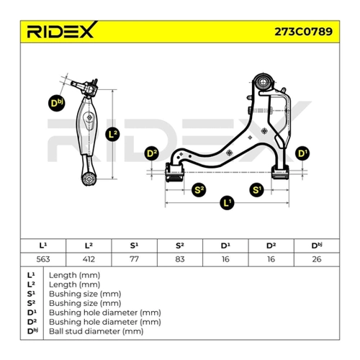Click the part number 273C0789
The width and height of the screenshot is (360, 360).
303,32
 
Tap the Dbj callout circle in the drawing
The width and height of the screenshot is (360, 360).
56,103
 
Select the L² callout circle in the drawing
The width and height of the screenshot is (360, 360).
112,134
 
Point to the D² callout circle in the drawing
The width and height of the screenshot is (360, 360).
152,153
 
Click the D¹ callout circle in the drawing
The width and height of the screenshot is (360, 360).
302,153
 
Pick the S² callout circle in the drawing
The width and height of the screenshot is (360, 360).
199,190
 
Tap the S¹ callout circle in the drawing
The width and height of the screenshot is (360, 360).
256,190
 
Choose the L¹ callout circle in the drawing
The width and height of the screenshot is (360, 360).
227,203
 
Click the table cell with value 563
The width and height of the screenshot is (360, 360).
43,259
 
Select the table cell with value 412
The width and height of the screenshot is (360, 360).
89,259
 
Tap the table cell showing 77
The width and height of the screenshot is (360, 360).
134,259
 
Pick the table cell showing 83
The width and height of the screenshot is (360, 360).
180,259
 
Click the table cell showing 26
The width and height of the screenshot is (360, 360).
317,259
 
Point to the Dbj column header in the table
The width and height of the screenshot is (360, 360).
317,246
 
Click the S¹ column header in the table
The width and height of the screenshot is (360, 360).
134,246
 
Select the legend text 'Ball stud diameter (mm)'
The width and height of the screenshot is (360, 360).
96,331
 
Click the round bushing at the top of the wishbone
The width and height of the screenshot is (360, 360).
264,82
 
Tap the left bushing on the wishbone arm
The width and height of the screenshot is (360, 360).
174,172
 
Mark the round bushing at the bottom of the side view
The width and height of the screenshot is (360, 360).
89,179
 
